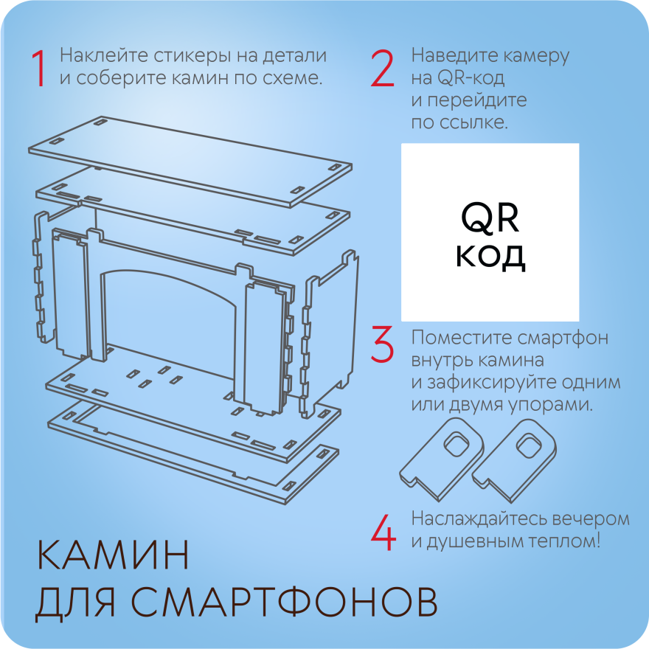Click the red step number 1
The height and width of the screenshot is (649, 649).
coord(39,69)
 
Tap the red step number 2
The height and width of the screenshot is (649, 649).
coord(382,69)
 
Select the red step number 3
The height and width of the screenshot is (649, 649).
coord(381,344)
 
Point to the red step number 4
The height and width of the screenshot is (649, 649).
coord(383,532)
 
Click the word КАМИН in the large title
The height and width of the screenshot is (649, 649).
coord(113,555)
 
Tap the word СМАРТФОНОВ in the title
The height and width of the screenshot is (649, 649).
coord(284,601)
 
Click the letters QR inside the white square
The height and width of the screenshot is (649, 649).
coord(490,218)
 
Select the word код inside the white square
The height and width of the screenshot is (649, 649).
coord(490,257)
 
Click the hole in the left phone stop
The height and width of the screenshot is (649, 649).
coord(457,443)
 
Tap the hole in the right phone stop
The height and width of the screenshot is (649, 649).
coord(529,445)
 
